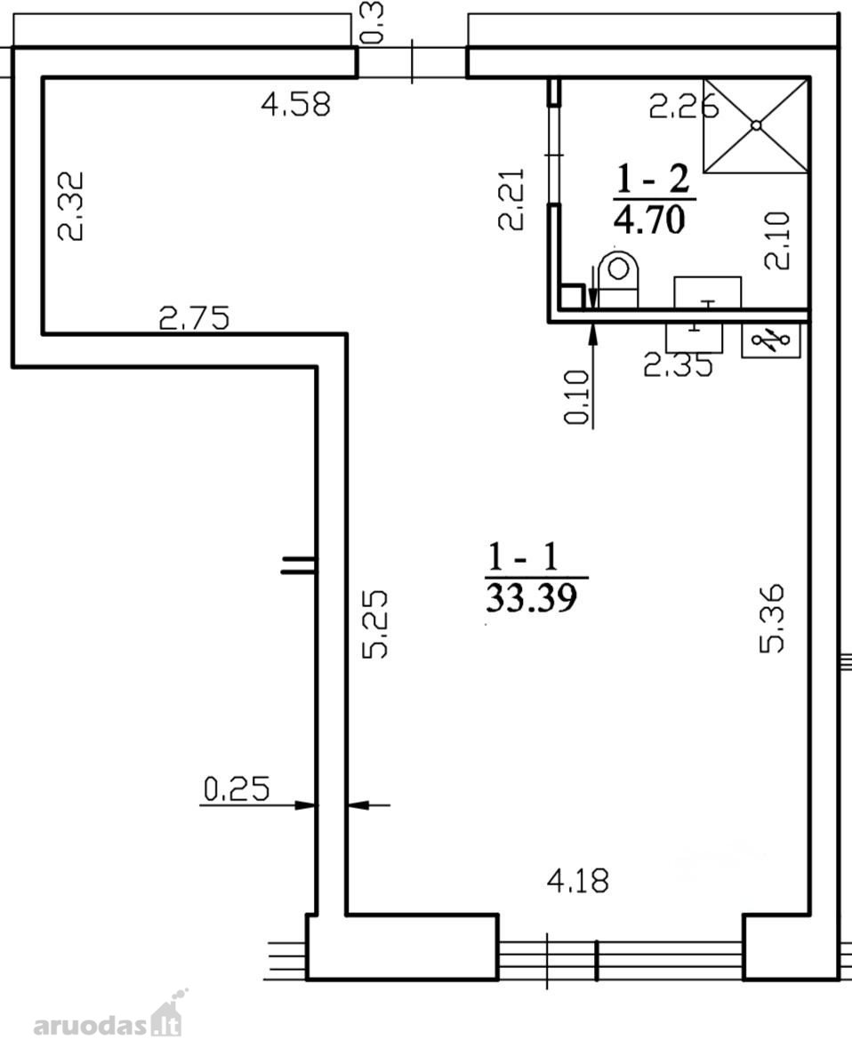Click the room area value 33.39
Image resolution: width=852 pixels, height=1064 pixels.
532,598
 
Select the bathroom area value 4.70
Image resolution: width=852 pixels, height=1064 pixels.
650,220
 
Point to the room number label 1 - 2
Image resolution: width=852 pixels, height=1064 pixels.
653,179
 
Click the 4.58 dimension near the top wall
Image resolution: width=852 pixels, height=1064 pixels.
296,105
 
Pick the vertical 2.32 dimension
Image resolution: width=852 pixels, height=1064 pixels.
70,205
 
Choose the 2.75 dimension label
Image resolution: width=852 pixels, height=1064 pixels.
194,317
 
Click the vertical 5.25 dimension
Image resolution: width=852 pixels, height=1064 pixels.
374,624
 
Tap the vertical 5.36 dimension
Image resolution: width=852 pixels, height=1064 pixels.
772,619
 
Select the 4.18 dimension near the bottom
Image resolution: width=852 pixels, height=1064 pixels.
578,881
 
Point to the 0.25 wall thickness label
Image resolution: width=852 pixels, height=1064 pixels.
237,788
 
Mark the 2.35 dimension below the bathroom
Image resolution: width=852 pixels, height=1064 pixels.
678,365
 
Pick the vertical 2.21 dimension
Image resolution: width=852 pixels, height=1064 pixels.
511,199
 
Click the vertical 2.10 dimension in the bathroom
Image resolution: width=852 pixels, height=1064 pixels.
776,241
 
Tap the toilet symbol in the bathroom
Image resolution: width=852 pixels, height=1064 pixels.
618,278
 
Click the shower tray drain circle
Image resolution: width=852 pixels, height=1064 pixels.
756,125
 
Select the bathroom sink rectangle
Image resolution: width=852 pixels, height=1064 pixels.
707,292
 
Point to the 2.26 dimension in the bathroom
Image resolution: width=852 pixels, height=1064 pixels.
683,107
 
